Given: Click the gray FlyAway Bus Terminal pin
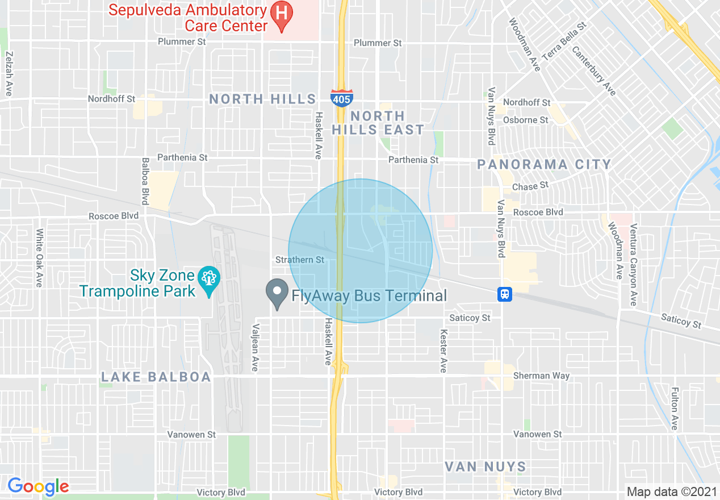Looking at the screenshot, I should tap(277, 294).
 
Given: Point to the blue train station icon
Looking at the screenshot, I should tap(505, 294).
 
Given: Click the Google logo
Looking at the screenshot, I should tap(38, 486).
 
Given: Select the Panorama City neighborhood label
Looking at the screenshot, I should tap(544, 165).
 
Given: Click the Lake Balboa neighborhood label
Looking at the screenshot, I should tap(156, 377).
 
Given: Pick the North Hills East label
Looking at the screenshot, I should tap(378, 123).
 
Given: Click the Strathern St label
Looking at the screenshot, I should tap(299, 260).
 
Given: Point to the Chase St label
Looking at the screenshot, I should tap(530, 186).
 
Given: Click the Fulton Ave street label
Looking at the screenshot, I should tap(675, 408).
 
